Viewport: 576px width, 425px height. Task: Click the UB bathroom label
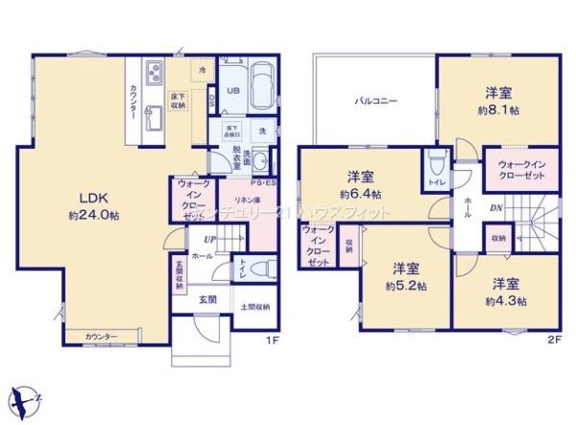(232, 91)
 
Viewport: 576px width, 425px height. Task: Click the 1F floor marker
(272, 339)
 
